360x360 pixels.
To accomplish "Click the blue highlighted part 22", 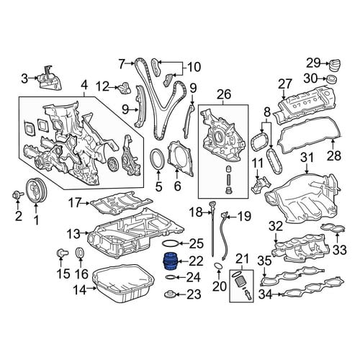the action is pos(171,261).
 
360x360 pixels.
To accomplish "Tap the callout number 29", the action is pos(313,63).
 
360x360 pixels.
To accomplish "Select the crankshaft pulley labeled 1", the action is pos(36,192).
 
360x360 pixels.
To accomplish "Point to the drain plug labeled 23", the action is pos(170,294).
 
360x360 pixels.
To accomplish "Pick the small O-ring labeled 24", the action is pos(170,278).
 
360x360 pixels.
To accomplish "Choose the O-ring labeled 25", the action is pos(171,243).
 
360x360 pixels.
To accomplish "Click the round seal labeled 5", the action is pos(156,158).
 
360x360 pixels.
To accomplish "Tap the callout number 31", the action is pos(307,158).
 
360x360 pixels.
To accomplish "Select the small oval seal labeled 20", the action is pos(218,266).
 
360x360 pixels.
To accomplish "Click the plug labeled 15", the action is pos(62,253).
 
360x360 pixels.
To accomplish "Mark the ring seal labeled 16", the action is pos(80,253).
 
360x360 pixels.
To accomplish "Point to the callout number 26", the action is pos(224,94).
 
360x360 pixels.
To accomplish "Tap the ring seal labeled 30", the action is pos(331,78).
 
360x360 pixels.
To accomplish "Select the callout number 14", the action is pos(80,290).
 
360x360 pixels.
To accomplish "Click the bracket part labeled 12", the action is pos(125,89).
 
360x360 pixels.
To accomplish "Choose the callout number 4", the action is pos(84,86).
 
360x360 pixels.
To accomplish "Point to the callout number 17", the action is pos(74,203).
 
